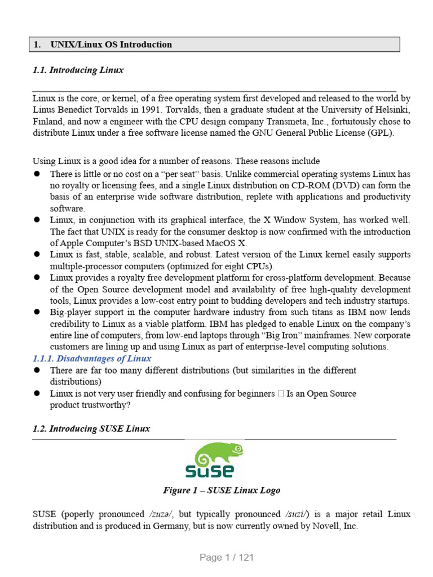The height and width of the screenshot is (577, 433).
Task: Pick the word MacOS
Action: [222, 243]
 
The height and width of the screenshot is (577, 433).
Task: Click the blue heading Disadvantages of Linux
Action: [92, 358]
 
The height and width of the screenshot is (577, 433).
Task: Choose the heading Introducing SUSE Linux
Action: [91, 428]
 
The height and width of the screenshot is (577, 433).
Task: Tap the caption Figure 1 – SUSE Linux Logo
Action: [222, 490]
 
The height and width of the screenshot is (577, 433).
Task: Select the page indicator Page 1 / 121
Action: [227, 557]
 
